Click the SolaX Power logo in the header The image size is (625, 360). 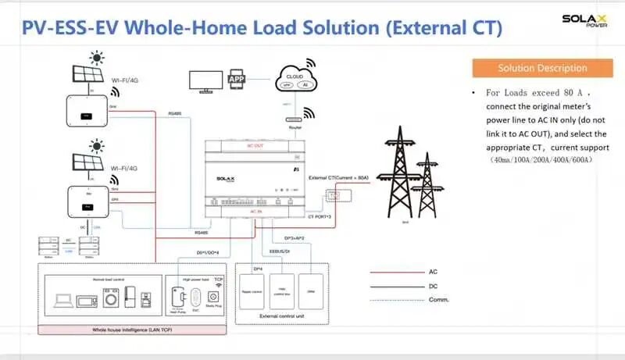585,21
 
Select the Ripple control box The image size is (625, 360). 255,294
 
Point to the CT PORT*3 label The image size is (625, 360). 321,216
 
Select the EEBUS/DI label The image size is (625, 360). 280,251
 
